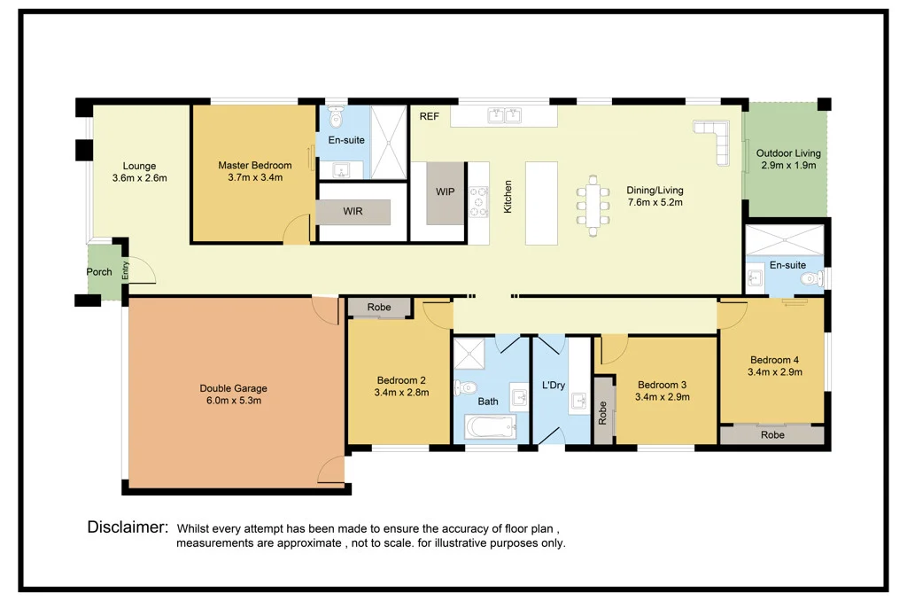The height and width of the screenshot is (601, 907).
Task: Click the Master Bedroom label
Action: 254,165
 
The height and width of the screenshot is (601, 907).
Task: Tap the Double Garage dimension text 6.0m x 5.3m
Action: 234,401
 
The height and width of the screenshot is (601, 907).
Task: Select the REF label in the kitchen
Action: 430,116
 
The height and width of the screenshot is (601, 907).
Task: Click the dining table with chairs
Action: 593,206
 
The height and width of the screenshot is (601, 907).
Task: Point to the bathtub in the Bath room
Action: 491,428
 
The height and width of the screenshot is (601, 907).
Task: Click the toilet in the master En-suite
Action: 336,116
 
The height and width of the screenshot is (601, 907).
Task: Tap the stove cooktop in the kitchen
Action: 478,201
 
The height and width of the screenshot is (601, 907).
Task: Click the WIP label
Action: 446,191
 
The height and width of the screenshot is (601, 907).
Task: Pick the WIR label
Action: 353,211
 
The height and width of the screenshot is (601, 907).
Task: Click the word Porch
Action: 99,271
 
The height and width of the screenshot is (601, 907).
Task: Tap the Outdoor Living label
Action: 788,153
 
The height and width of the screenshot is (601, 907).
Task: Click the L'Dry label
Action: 554,385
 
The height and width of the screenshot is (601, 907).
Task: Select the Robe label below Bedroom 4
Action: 772,435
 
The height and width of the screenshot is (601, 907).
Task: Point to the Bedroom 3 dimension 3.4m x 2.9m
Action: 663,397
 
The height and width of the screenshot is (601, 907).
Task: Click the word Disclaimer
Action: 128,527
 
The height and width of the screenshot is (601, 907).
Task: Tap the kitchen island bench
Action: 541,203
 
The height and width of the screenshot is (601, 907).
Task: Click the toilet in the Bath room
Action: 465,387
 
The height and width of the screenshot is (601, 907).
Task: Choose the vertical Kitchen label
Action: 508,196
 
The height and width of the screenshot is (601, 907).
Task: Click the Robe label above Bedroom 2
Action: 379,307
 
